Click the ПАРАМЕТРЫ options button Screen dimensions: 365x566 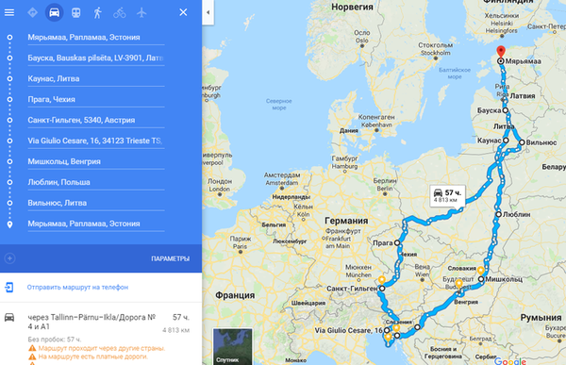170,258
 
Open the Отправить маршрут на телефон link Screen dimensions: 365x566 77,287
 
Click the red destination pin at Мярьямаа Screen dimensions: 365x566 501,53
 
